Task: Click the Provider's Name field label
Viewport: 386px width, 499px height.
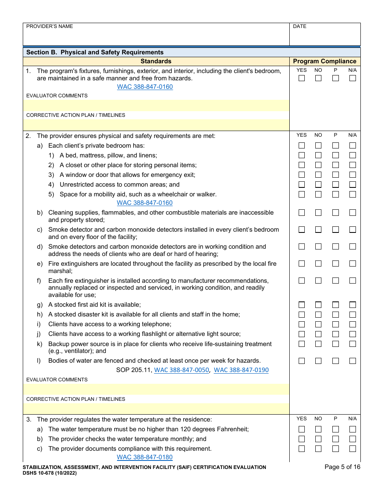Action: (x=50, y=26)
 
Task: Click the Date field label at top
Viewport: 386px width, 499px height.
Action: (x=299, y=26)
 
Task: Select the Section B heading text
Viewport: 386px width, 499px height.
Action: (x=95, y=52)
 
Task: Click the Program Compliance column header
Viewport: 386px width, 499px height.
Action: (x=324, y=61)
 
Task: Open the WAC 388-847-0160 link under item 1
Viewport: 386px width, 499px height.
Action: (x=145, y=87)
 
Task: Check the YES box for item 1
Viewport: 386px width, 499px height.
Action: (x=301, y=78)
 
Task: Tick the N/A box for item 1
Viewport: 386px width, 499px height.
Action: (x=352, y=78)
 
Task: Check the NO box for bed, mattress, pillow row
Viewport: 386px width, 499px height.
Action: (x=318, y=155)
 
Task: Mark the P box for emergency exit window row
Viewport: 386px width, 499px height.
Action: (x=335, y=175)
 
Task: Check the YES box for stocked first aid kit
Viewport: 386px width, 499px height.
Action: (x=301, y=305)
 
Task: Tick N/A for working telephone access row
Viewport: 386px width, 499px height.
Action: (x=352, y=324)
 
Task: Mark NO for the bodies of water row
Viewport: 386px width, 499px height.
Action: (x=318, y=361)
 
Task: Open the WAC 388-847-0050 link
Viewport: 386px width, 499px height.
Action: (x=182, y=370)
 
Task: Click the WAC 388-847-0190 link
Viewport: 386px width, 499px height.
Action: (x=241, y=370)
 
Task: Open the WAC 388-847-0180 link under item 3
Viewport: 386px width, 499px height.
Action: (x=145, y=457)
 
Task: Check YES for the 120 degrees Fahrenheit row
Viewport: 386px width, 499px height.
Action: (x=301, y=429)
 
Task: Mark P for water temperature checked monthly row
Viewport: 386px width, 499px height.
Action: (x=335, y=439)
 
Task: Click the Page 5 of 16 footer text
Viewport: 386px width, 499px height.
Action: (x=342, y=467)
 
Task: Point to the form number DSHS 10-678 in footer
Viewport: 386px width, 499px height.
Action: (x=50, y=473)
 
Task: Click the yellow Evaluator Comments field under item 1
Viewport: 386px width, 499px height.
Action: (x=156, y=105)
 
